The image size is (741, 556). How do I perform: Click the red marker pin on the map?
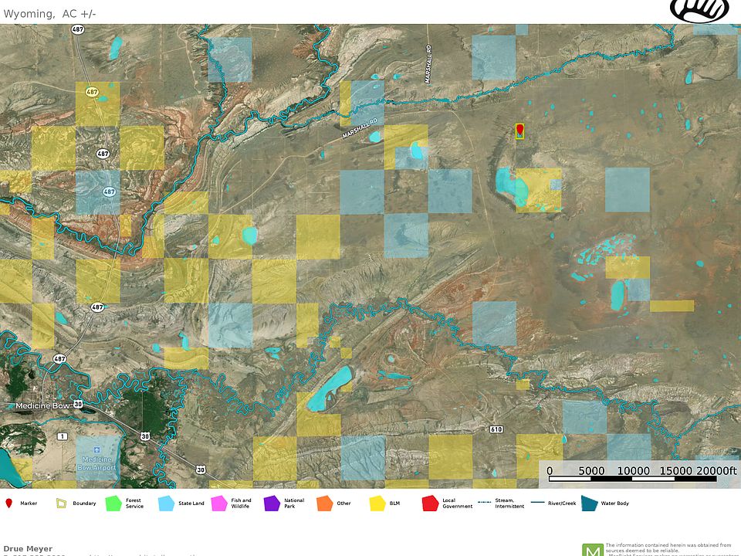click(519, 129)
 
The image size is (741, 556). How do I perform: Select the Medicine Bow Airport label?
click(98, 463)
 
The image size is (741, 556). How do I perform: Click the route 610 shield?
click(496, 429)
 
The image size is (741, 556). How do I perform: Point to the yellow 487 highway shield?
click(92, 92)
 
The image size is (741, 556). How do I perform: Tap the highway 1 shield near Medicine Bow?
click(62, 436)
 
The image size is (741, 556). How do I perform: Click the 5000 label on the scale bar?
click(591, 471)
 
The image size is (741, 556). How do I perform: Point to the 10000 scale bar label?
click(634, 471)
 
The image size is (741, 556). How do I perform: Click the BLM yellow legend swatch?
click(377, 503)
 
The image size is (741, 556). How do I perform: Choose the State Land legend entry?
click(166, 503)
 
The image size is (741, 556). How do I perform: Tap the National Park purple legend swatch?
click(272, 503)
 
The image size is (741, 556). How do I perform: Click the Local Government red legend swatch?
click(430, 503)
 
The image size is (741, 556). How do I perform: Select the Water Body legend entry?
click(590, 503)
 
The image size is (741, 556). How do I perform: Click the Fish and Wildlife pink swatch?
click(219, 503)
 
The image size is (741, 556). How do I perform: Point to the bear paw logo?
click(699, 11)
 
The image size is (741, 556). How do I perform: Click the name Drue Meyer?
click(28, 549)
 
